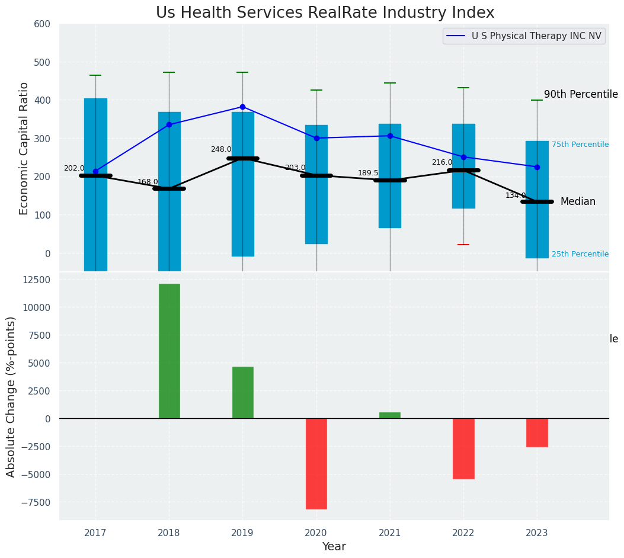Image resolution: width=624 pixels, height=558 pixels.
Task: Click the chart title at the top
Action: pyautogui.click(x=325, y=12)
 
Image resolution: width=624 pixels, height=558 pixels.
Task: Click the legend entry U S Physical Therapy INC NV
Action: pyautogui.click(x=536, y=36)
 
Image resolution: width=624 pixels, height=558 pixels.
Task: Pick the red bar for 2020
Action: pyautogui.click(x=316, y=463)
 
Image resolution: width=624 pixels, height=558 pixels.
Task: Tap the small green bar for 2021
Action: pyautogui.click(x=390, y=415)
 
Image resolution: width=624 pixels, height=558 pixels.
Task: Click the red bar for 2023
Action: pyautogui.click(x=537, y=432)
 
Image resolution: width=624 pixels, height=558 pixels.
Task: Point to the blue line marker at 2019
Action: pyautogui.click(x=242, y=107)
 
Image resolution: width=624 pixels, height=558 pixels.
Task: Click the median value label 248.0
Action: pyautogui.click(x=221, y=149)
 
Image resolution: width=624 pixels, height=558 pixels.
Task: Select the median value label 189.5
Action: pyautogui.click(x=368, y=173)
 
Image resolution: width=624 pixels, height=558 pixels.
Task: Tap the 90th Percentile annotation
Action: pyautogui.click(x=581, y=95)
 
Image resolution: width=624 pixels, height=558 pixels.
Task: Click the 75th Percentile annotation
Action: pyautogui.click(x=580, y=145)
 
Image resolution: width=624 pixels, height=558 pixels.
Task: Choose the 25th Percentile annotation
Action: pyautogui.click(x=580, y=254)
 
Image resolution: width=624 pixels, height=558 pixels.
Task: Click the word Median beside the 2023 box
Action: pyautogui.click(x=578, y=201)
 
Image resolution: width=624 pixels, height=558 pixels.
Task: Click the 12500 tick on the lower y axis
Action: pyautogui.click(x=37, y=280)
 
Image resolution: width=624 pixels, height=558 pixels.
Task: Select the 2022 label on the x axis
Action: pyautogui.click(x=463, y=533)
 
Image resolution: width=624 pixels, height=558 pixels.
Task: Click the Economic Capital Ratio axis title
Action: pyautogui.click(x=24, y=148)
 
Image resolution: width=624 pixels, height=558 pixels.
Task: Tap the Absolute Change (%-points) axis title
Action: pyautogui.click(x=11, y=396)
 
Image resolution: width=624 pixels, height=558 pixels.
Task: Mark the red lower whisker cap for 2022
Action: pyautogui.click(x=463, y=245)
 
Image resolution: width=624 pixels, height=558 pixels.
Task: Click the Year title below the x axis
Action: pyautogui.click(x=334, y=547)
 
